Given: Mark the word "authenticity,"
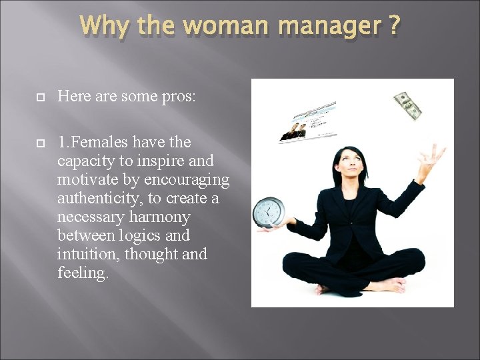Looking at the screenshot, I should tap(99, 198).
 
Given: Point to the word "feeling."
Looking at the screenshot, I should tap(83, 273).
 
